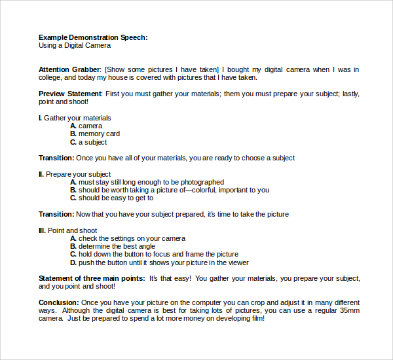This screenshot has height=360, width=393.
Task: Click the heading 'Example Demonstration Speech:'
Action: (x=93, y=37)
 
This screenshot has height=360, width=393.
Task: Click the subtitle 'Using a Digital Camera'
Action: (x=75, y=46)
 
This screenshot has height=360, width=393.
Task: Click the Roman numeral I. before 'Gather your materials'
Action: (x=40, y=118)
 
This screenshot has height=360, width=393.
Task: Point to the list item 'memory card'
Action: (x=99, y=134)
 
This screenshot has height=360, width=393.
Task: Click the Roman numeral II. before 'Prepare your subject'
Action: (x=41, y=174)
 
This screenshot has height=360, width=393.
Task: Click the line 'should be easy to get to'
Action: (x=116, y=198)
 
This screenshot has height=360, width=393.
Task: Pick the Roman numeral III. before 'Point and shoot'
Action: (x=42, y=230)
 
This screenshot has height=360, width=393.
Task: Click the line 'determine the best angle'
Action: (x=117, y=247)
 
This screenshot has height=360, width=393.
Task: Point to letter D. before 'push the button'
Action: (x=73, y=262)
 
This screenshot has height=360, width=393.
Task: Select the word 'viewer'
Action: (x=238, y=262)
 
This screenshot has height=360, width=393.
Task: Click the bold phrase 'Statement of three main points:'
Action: (x=92, y=278)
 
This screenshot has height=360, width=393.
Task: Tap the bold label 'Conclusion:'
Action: (x=59, y=302)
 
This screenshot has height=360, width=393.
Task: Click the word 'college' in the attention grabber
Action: (x=52, y=77)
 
